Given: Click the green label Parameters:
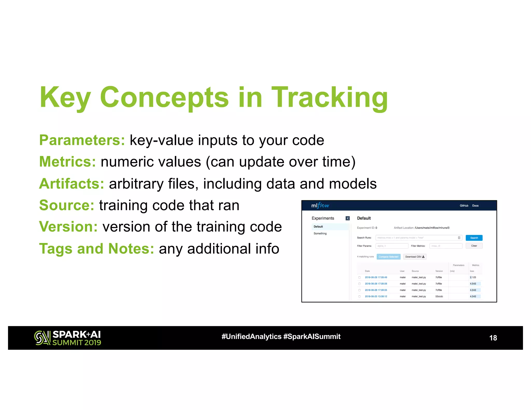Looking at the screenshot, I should coord(82,140).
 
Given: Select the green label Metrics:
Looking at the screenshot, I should coord(67,162).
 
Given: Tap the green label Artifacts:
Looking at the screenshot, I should coord(72,183).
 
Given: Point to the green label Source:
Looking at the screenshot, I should coord(67,205).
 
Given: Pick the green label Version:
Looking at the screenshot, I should coord(68,227).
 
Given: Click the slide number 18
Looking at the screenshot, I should coord(493,338).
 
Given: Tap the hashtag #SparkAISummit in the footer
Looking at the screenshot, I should coord(312,336).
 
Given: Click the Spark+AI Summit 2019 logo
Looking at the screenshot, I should coord(68,338).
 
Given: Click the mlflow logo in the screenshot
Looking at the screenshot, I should coord(320,206).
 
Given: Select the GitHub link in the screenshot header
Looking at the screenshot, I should coord(464,206).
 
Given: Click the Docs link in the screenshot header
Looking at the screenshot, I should coord(475,206).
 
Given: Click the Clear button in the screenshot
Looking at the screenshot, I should coord(474,246).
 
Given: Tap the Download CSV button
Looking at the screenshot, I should coord(415,257).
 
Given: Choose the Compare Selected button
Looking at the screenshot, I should coord(388,257).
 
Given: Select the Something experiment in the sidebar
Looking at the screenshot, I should coord(320,234).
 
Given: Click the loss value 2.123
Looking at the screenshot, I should coord(473,277).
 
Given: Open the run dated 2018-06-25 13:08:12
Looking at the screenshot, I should coord(376,296).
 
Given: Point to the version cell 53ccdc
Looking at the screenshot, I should coord(439,296).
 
